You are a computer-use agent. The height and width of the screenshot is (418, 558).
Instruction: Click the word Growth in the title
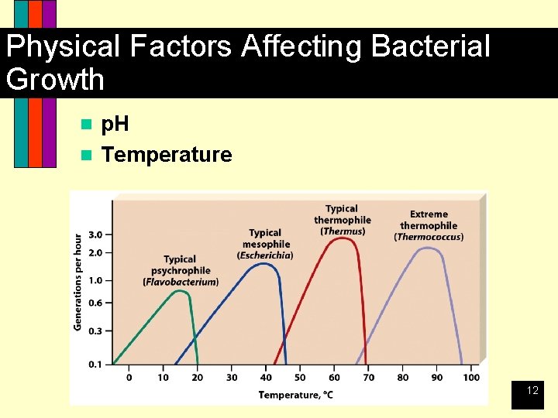[x=54, y=79]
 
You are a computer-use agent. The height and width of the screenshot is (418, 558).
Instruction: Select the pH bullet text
[x=115, y=124]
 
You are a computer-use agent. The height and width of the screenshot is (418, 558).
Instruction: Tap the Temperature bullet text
[x=167, y=155]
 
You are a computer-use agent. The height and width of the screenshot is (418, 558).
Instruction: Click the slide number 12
[x=532, y=391]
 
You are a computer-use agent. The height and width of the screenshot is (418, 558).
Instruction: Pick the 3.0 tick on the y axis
[x=96, y=235]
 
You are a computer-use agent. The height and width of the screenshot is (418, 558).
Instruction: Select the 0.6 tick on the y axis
[x=96, y=303]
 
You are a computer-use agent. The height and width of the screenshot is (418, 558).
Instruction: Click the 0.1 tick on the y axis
[x=96, y=364]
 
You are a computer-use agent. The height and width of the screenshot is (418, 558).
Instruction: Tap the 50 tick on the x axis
[x=300, y=378]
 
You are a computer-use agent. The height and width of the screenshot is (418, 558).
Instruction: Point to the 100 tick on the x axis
[x=471, y=378]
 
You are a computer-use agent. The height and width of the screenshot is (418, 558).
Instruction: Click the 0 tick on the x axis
[x=129, y=378]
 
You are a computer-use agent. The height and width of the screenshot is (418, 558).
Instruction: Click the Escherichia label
[x=265, y=255]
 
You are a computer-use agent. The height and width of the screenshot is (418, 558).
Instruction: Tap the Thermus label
[x=343, y=231]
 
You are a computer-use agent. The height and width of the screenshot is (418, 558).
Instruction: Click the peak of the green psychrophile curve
[x=179, y=291]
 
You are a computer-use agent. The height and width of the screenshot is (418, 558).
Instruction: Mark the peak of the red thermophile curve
[x=343, y=238]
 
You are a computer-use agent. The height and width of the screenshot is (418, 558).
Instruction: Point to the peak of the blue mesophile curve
[x=265, y=264]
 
